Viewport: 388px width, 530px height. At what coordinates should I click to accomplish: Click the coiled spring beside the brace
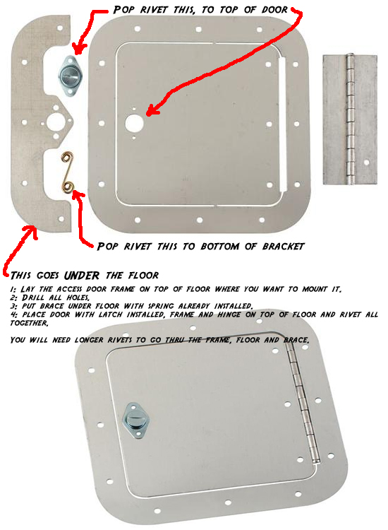point(68,173)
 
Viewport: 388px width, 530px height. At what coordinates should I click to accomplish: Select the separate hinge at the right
point(350,119)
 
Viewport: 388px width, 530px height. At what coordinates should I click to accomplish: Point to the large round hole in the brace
point(55,122)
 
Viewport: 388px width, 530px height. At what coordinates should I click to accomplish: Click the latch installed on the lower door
point(135,421)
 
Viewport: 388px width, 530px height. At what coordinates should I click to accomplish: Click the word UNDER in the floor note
point(82,276)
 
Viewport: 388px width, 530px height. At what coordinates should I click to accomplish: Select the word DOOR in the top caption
point(274,10)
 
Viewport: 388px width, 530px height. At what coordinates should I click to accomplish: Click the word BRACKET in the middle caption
point(283,247)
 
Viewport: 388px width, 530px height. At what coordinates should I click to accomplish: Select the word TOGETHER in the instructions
point(29,323)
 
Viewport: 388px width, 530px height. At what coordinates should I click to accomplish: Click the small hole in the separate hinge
point(366,163)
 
